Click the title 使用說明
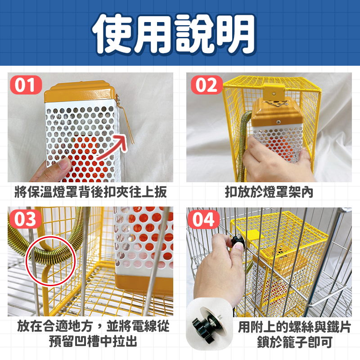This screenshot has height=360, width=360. point(174,34)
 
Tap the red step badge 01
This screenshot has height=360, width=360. point(26,85)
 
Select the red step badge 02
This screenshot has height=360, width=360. point(207,85)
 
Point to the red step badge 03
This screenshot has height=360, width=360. point(25,219)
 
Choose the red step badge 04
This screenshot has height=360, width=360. point(204,219)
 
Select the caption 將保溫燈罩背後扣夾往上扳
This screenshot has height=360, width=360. point(91,192)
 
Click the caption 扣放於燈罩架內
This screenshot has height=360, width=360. point(269,192)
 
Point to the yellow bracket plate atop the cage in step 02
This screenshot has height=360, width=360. point(274,92)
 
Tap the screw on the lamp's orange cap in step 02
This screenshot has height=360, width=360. point(278,122)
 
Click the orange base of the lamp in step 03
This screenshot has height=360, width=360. point(144,285)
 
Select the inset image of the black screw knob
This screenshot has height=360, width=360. point(209,324)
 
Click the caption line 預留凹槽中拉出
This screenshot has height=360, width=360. point(93,342)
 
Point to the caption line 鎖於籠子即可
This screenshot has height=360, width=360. point(295,342)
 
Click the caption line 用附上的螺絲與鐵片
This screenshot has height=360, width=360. point(295,327)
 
